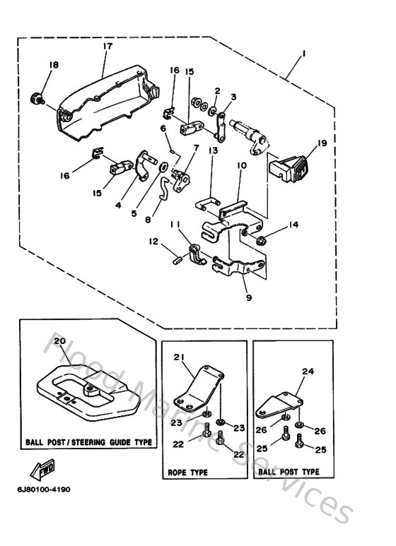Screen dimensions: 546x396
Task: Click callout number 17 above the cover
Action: coord(107,47)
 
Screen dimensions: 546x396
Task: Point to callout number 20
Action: coord(59,341)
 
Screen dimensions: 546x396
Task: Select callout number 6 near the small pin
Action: coord(162,128)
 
